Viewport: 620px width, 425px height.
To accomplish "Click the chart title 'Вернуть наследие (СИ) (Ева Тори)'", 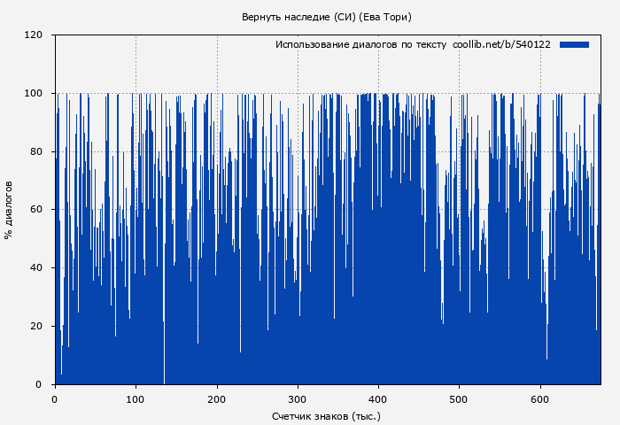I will (327, 17).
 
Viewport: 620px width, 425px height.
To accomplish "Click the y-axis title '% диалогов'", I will (9, 210).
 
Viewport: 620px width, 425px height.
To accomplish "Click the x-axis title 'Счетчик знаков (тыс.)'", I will (326, 415).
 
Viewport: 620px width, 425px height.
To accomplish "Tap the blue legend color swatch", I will (574, 44).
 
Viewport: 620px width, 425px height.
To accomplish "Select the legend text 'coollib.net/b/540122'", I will (501, 44).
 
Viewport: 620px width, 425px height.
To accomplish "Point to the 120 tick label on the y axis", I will (34, 35).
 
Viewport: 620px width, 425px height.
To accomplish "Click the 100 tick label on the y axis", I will (34, 93).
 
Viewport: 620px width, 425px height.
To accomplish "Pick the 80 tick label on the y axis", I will (36, 151).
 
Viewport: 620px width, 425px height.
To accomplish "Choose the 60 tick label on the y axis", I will (36, 210).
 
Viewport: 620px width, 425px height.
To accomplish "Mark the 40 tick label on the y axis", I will (36, 267).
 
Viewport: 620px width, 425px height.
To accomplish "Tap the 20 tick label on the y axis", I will (36, 326).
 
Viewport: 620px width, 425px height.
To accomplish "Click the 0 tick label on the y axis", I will (39, 384).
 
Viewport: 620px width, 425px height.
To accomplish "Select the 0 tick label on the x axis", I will (55, 398).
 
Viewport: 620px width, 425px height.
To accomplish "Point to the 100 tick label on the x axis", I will (136, 398).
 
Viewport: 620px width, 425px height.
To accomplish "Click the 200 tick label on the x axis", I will (217, 398).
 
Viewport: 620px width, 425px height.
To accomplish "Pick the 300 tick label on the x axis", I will (298, 398).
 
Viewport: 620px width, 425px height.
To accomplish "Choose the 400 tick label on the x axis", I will (378, 398).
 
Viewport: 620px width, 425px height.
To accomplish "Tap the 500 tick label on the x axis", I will (459, 398).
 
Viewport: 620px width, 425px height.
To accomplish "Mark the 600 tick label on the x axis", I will (540, 398).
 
